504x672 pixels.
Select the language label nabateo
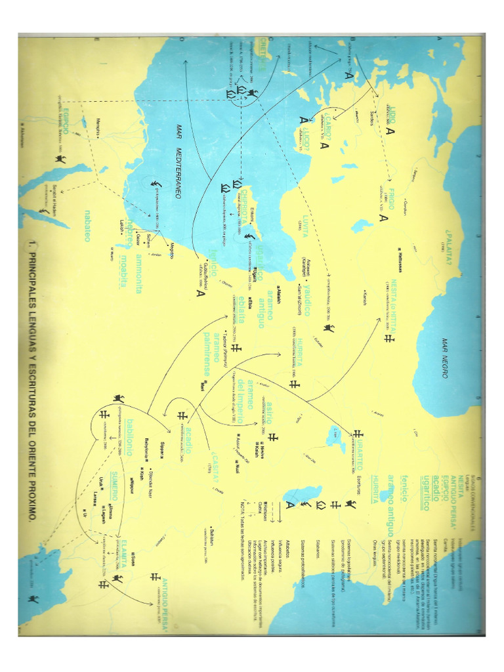pyautogui.click(x=87, y=225)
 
